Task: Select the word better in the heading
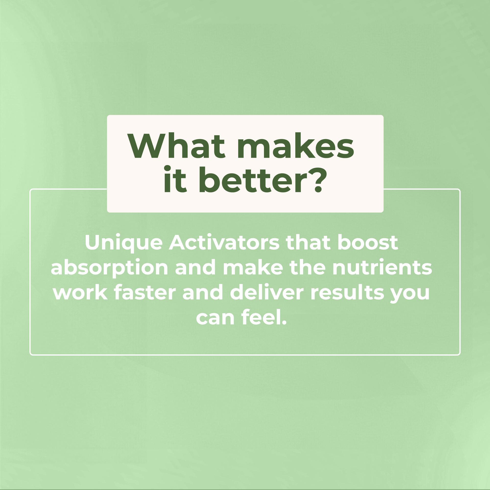pyautogui.click(x=253, y=179)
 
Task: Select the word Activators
pyautogui.click(x=224, y=243)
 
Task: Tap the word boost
pyautogui.click(x=368, y=243)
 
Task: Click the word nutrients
pyautogui.click(x=382, y=268)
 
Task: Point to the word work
pyautogui.click(x=80, y=292)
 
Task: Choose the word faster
pyautogui.click(x=145, y=292)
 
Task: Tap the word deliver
pyautogui.click(x=267, y=292)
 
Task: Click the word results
pyautogui.click(x=347, y=292)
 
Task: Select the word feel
pyautogui.click(x=262, y=317)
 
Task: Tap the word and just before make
pyautogui.click(x=196, y=268)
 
